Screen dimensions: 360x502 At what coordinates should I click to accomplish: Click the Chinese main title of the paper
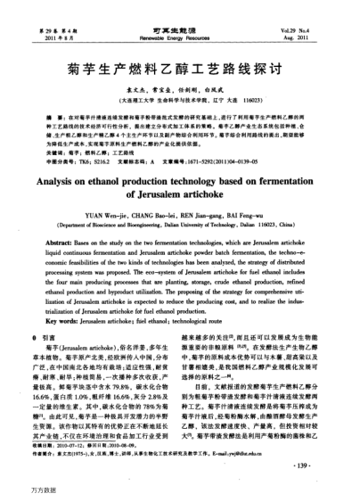[180, 67]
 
